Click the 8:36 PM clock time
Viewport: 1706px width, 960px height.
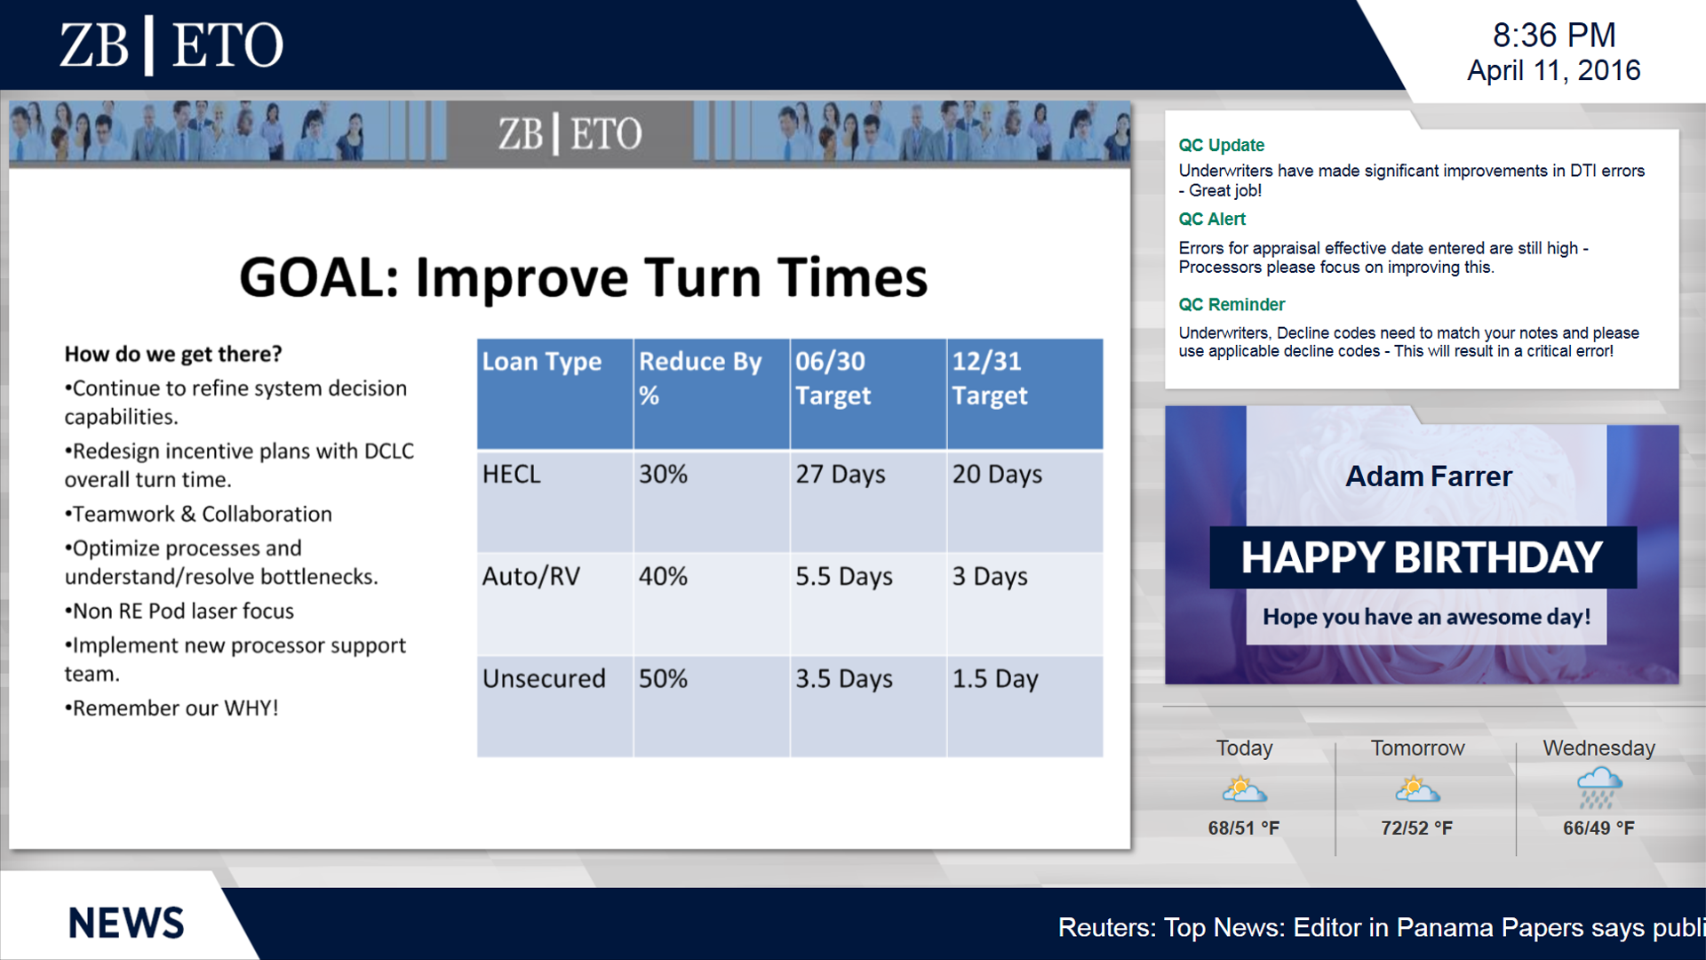1554,36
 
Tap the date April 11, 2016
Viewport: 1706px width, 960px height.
1553,70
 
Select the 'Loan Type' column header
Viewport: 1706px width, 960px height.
541,362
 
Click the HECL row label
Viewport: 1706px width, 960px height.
511,474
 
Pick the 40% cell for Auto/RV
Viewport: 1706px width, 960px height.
663,576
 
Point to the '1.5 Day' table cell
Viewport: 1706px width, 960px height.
995,679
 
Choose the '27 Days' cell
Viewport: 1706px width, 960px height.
840,475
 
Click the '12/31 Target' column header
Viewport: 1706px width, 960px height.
990,378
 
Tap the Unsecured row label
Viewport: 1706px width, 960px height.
544,678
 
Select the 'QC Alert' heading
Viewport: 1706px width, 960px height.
1212,219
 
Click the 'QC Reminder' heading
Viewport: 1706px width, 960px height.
1232,304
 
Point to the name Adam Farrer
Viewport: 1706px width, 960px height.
1429,476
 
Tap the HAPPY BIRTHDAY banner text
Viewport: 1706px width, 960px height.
1422,557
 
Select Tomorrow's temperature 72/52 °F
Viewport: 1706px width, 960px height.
1416,828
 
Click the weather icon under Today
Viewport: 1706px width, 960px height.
1244,788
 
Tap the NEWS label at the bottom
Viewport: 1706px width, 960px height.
126,924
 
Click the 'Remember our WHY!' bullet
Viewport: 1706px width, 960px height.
171,708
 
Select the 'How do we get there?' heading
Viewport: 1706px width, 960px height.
173,354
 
